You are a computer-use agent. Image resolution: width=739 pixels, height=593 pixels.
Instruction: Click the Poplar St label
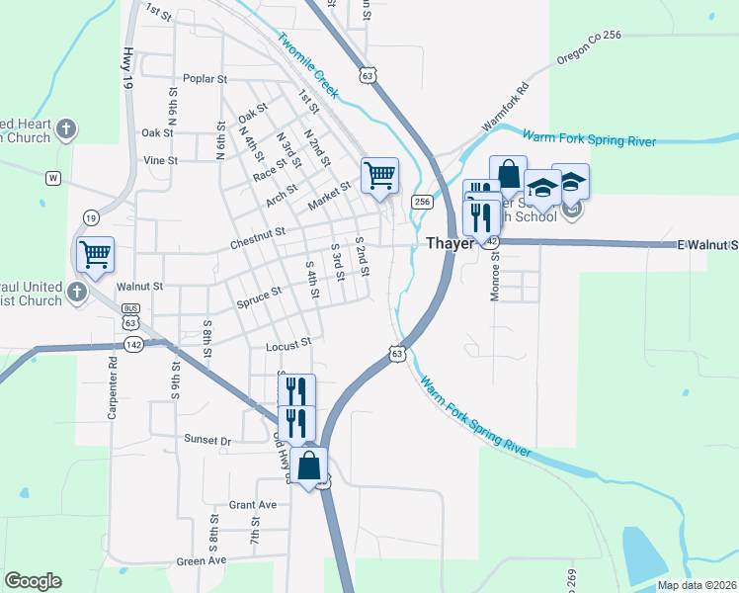coord(205,79)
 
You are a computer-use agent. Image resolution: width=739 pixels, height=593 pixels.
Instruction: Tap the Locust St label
coord(288,345)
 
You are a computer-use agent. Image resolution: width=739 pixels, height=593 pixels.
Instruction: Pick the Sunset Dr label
coord(206,440)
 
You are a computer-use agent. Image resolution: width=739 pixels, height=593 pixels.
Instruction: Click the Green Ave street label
coord(202,561)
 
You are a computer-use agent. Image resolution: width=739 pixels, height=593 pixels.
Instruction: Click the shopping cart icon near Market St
coord(379,177)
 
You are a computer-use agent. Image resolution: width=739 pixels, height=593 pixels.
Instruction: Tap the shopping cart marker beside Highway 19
coord(95,255)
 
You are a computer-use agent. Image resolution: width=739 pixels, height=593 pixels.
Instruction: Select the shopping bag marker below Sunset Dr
coord(309,466)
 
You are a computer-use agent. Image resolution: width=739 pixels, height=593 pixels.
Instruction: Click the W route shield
coord(53,179)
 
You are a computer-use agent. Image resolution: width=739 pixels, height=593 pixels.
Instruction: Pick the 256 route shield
coord(422,202)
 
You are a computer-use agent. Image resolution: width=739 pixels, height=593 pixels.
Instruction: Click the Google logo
coord(33,581)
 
